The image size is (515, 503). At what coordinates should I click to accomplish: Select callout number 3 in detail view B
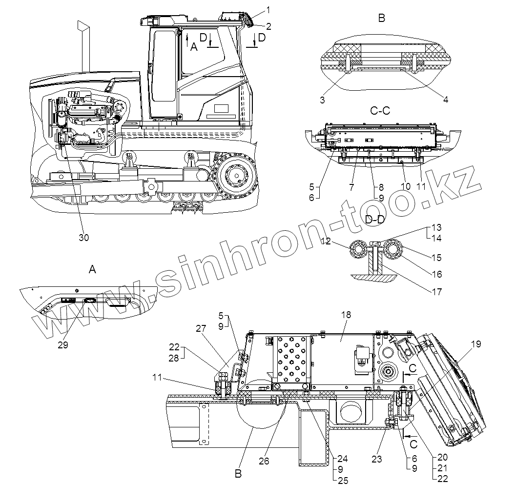[322, 100]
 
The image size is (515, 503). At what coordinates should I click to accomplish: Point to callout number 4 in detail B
[445, 100]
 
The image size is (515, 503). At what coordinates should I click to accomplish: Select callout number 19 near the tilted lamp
[476, 344]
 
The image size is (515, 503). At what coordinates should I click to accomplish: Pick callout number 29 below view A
[63, 344]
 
